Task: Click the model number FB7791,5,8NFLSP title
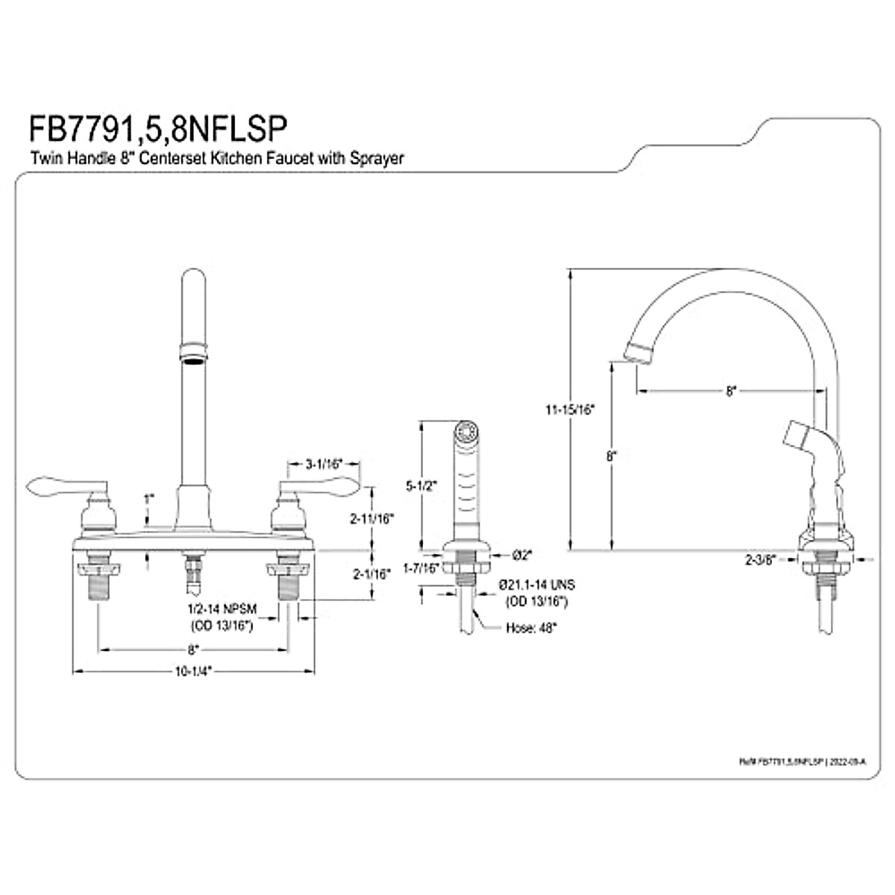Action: (x=157, y=128)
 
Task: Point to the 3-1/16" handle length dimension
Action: (x=323, y=464)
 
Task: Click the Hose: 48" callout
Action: (x=532, y=628)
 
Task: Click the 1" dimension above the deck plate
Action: (x=149, y=497)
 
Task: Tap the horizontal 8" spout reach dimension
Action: (x=730, y=390)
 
